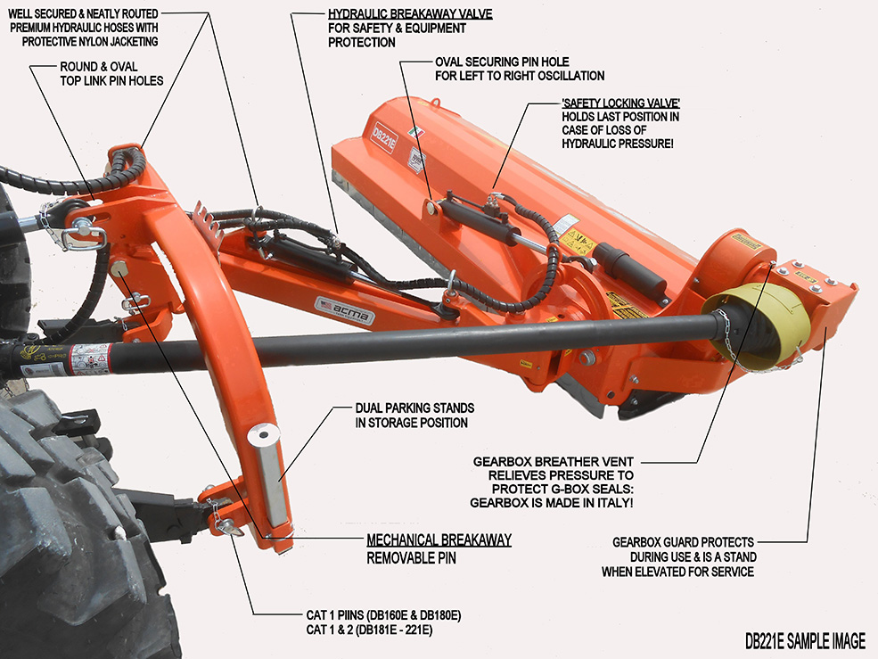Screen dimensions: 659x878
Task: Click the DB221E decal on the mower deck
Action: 382,137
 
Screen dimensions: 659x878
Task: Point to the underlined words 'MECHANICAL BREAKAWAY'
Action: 439,540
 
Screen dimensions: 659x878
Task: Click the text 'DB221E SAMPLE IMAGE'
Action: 806,640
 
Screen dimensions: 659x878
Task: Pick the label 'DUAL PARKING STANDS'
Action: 414,408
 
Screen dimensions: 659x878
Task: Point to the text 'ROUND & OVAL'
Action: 99,67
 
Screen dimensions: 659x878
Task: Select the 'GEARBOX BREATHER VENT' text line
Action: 554,461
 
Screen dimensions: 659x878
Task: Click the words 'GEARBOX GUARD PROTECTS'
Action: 684,542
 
